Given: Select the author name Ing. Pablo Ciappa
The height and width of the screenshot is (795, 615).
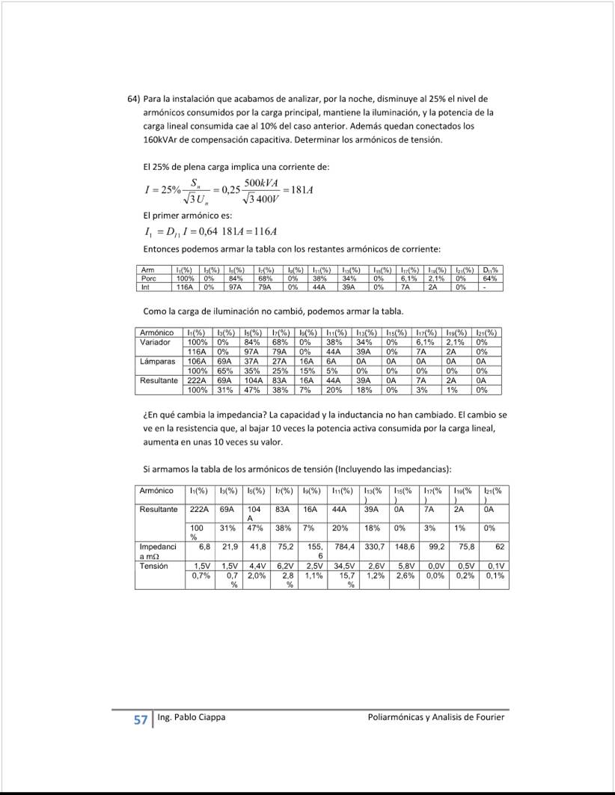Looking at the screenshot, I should point(192,717).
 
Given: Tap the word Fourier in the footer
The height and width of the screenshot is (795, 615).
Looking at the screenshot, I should point(490,717).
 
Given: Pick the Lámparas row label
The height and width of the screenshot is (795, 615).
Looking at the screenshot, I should point(157,361).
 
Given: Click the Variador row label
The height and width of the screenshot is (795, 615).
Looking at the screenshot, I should point(156,341).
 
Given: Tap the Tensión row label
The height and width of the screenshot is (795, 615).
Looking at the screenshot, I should point(155,566).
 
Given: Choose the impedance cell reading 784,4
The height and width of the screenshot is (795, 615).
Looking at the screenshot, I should point(343,547).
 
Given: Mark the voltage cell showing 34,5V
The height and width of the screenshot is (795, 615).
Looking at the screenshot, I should point(343,566).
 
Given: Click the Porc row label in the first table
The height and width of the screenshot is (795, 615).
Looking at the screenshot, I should point(148,278).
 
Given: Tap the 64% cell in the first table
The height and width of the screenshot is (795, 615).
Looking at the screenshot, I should point(492,278).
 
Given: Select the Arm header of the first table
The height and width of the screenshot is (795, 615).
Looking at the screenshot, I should point(147,269).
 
